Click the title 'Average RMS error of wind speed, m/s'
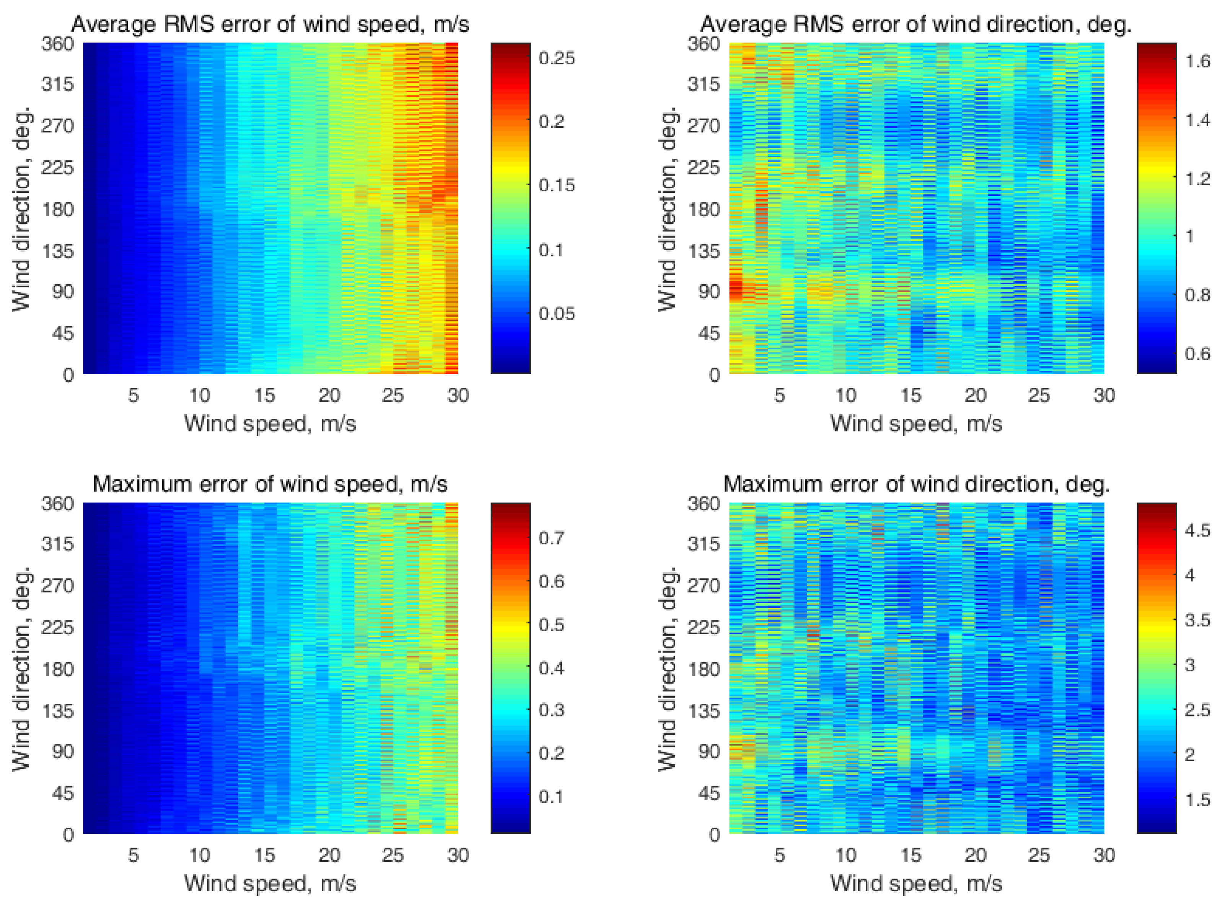270,24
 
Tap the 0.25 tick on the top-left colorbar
556,58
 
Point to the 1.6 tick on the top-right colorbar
1197,61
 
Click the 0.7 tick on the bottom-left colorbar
551,537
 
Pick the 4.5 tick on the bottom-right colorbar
1197,530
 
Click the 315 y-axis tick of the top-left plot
57,84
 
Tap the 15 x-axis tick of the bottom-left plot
264,855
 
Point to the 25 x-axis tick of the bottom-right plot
1039,855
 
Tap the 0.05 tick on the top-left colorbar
556,313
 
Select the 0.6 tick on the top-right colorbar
1197,353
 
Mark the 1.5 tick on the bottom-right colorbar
1197,800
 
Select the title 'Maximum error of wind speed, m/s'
270,484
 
